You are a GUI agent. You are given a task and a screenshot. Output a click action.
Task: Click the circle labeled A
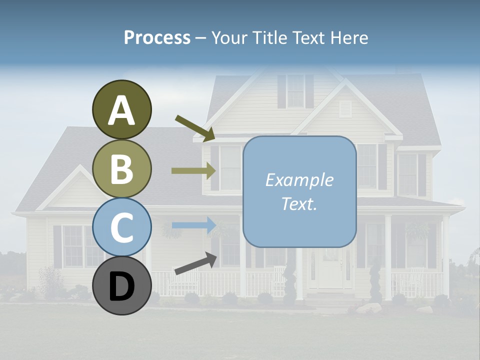point(121,109)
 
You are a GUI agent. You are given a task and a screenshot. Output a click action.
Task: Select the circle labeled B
point(121,168)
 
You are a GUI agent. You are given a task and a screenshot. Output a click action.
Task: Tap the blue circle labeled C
point(121,227)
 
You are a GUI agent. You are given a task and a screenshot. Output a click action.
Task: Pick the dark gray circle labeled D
point(121,285)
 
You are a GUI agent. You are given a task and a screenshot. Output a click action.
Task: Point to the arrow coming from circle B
point(193,170)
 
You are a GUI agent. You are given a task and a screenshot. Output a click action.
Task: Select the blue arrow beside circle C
point(193,225)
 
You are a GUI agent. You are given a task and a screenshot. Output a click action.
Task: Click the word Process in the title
point(157,38)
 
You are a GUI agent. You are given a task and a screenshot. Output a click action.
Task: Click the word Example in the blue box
point(299,180)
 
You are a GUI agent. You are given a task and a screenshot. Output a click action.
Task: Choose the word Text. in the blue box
point(299,203)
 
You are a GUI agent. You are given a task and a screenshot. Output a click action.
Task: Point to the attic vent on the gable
point(345,108)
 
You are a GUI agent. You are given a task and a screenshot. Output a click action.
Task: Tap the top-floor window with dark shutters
point(295,91)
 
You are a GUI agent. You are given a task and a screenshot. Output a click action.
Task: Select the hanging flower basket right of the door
point(418,230)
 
